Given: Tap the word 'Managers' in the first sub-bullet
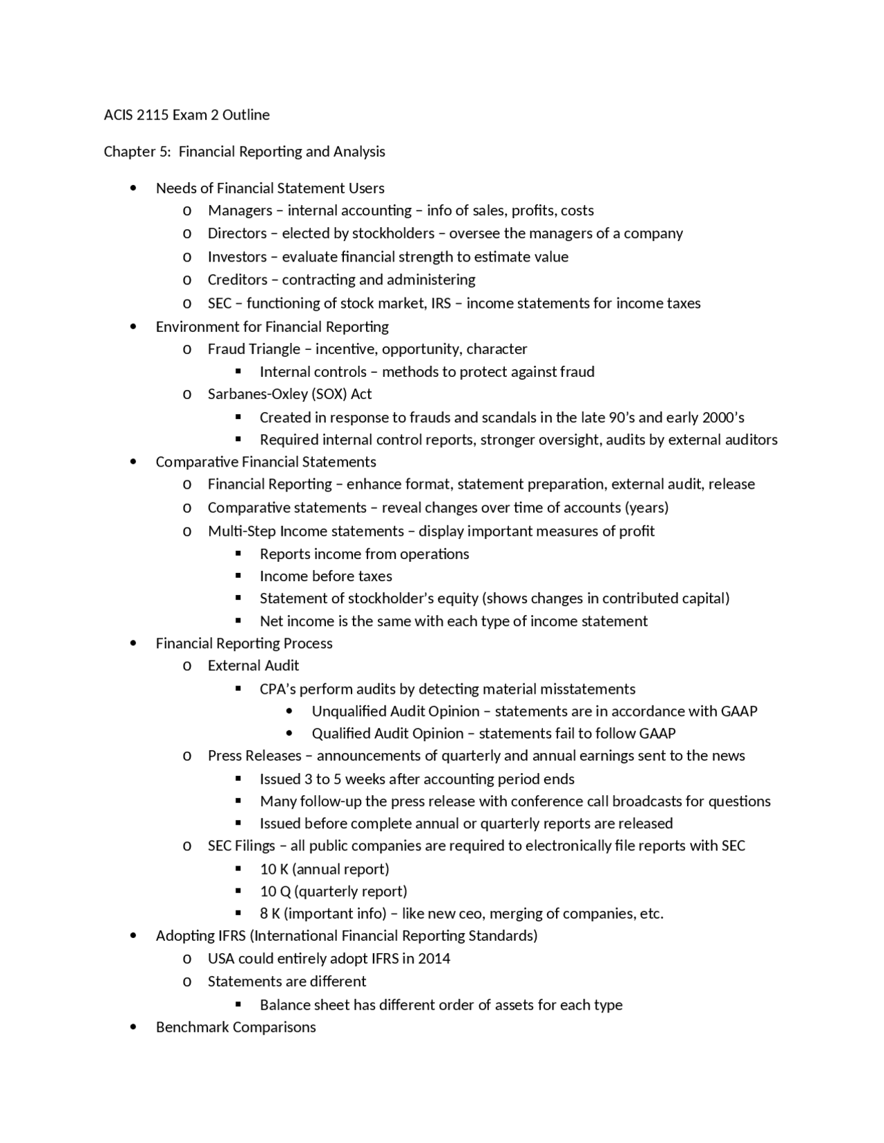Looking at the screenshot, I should (x=240, y=211).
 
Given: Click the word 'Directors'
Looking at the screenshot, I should (x=237, y=233).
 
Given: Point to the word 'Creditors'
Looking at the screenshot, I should (x=237, y=280).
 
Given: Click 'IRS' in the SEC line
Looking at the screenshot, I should (x=441, y=304).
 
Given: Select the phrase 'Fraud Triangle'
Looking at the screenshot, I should (x=253, y=349).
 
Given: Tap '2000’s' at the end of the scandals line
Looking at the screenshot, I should (x=723, y=418).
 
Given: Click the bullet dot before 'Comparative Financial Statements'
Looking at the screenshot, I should (x=133, y=462).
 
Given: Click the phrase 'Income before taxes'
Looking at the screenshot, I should (x=325, y=576).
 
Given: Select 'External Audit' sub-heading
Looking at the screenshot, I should (x=253, y=666).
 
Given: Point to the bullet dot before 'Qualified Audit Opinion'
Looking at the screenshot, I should (x=289, y=734).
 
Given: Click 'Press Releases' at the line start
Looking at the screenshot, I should (x=254, y=756).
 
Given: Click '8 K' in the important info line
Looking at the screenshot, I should (x=269, y=914).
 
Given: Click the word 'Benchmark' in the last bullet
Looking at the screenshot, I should (x=191, y=1027).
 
